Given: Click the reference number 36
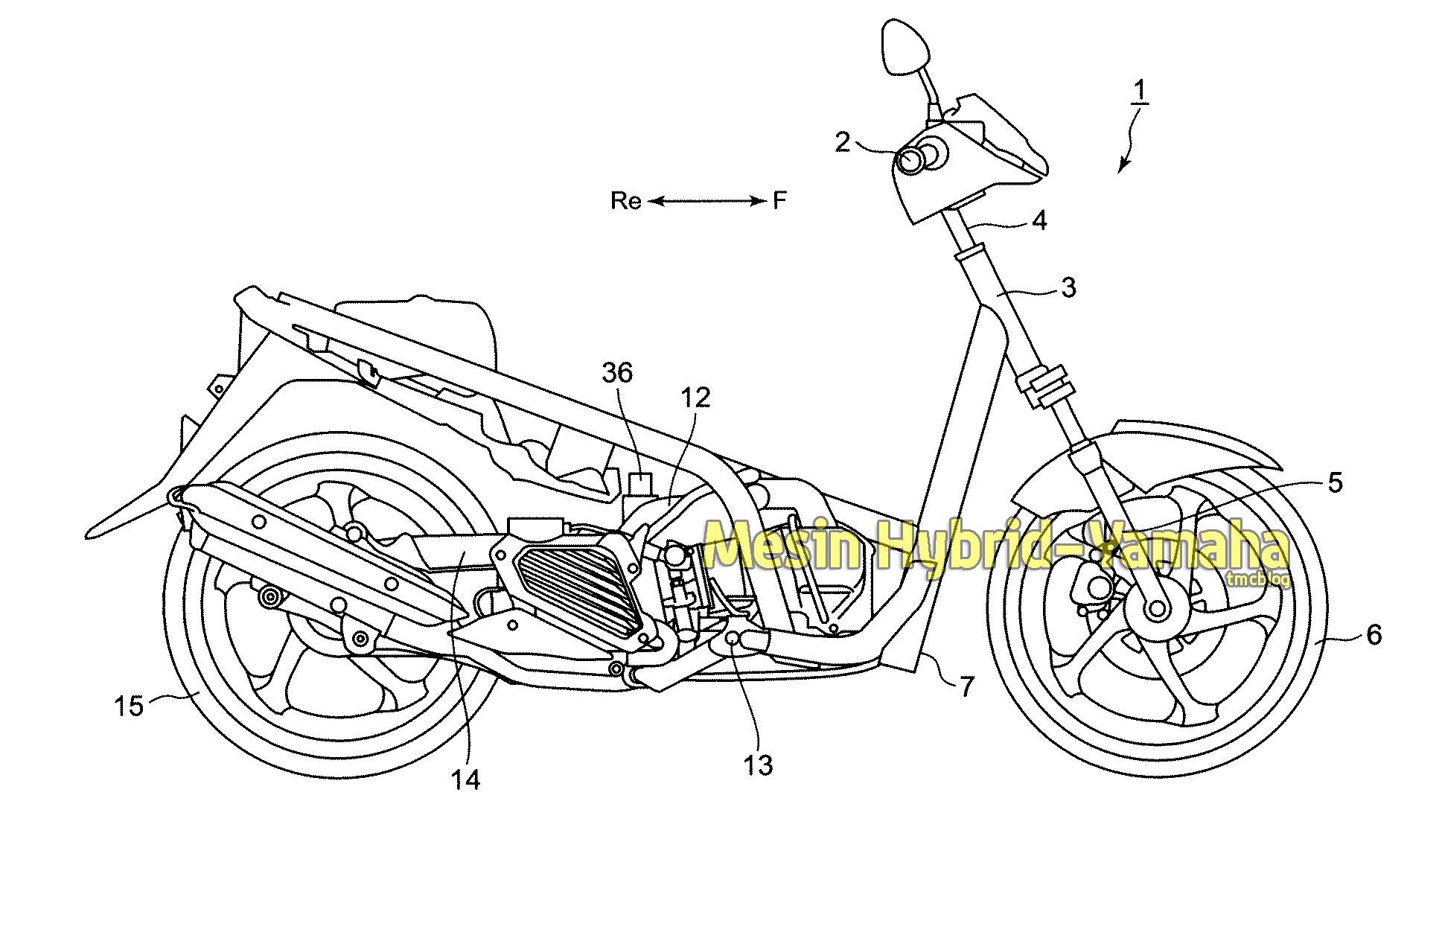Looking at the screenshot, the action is [617, 373].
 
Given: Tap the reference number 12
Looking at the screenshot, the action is [695, 398].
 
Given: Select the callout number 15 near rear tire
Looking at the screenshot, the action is [129, 705].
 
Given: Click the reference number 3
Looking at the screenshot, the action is [1068, 287].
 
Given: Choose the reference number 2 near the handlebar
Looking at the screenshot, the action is [842, 141].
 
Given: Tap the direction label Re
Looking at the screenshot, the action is [626, 200].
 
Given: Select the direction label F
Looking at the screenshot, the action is [779, 200].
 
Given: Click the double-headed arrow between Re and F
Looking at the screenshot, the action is [706, 200].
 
